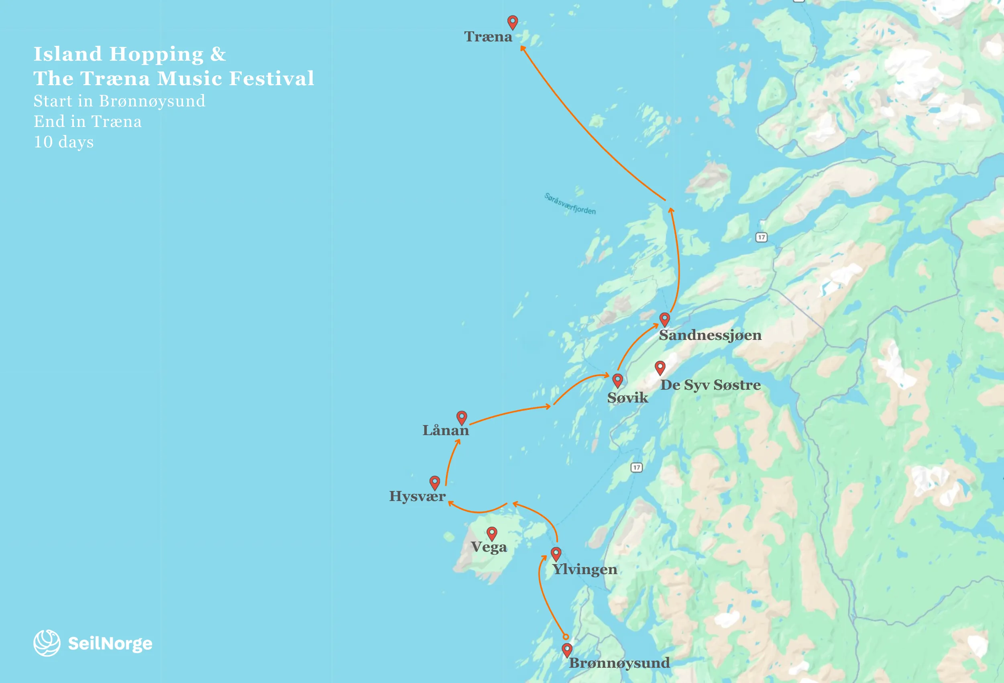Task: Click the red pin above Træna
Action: tap(512, 22)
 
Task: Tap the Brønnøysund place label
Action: tap(619, 663)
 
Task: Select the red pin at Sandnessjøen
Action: tap(664, 319)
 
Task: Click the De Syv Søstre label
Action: tap(710, 385)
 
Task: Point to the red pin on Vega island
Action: tap(492, 533)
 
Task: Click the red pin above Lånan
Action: tap(462, 417)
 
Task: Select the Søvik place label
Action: tap(627, 398)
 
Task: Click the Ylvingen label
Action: tap(584, 569)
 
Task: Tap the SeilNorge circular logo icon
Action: tap(47, 643)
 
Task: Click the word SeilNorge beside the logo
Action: tap(110, 644)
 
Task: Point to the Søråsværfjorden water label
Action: tap(569, 204)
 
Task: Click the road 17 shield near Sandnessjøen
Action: tap(761, 237)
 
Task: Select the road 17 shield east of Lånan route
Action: tap(636, 467)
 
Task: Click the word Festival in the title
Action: tap(271, 79)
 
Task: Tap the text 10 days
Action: tap(63, 142)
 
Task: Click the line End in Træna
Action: tap(87, 121)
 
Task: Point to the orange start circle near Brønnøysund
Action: tap(566, 637)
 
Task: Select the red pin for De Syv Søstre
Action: tap(660, 368)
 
